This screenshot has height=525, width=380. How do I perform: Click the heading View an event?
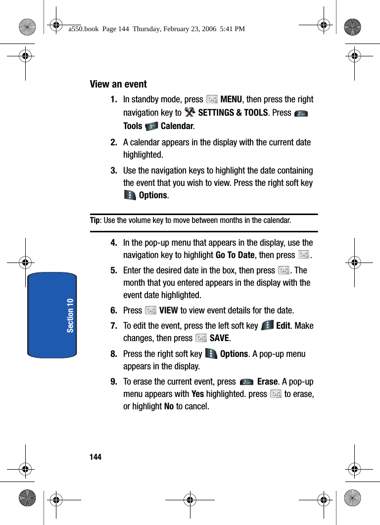pos(118,84)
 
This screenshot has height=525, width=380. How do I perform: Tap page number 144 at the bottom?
pos(95,457)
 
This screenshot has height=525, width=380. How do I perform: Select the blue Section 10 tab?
pos(52,315)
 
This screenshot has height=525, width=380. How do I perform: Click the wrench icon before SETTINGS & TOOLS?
pos(190,113)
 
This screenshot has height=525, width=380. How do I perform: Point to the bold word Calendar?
pos(177,126)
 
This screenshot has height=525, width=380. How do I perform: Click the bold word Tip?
pos(95,220)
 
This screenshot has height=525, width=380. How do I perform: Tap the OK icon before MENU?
pos(212,99)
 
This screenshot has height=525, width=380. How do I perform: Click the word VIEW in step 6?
pos(169,310)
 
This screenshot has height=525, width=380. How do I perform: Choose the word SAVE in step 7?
pos(219,339)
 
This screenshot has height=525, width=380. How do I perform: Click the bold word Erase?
pos(267,382)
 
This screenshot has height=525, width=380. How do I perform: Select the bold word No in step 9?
pos(168,407)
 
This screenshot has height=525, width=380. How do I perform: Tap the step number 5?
pos(114,270)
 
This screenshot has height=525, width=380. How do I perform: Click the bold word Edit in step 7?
pos(283,326)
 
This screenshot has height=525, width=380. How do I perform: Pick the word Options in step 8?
pos(234,354)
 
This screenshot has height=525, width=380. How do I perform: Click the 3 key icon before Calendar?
pos(152,126)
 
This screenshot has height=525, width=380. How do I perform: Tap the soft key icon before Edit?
pos(267,326)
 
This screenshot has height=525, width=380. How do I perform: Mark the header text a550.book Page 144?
pos(156,29)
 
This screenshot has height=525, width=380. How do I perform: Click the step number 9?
pos(114,382)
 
